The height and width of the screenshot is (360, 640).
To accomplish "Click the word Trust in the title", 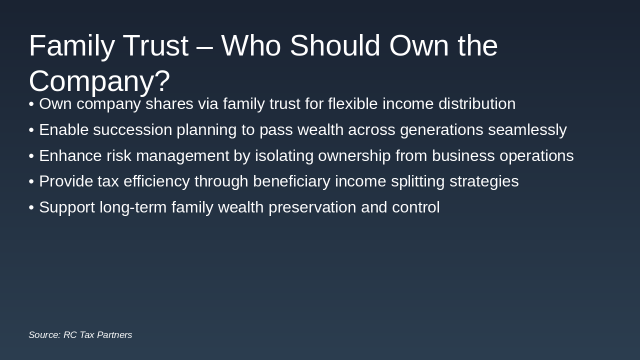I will (155, 45).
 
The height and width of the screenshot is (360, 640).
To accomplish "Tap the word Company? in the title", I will (99, 81).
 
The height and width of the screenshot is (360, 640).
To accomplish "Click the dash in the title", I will (204, 46).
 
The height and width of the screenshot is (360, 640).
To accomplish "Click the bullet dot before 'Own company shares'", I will (31, 104).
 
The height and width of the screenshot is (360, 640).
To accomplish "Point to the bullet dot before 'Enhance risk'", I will (31, 156).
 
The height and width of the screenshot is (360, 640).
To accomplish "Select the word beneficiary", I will (291, 181).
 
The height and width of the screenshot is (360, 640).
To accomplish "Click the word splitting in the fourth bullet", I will (417, 181).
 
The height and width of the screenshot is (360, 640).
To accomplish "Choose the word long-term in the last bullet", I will (132, 207).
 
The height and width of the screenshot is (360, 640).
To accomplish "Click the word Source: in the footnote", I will (44, 335).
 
